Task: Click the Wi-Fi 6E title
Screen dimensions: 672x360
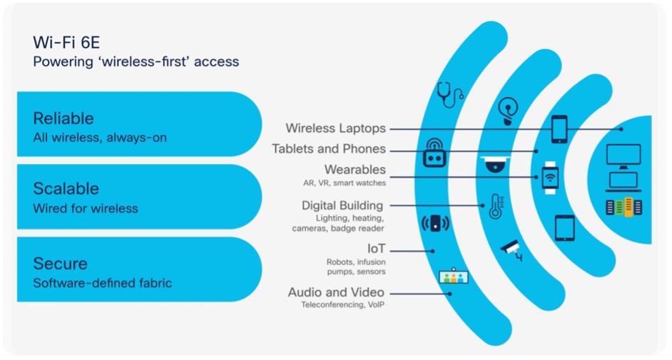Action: pyautogui.click(x=66, y=42)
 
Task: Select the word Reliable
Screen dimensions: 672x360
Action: pyautogui.click(x=63, y=118)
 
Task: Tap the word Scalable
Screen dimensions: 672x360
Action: pyautogui.click(x=66, y=188)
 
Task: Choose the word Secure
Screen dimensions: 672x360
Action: pyautogui.click(x=61, y=263)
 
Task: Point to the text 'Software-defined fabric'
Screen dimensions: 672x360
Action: pyautogui.click(x=103, y=283)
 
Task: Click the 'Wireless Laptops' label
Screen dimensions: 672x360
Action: pyautogui.click(x=335, y=128)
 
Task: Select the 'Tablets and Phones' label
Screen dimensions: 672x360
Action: pyautogui.click(x=329, y=148)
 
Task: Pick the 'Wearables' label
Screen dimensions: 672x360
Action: pyautogui.click(x=355, y=170)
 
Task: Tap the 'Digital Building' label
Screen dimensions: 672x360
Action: pyautogui.click(x=342, y=205)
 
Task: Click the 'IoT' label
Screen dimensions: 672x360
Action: pyautogui.click(x=376, y=249)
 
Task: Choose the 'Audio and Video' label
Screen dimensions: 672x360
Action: pyautogui.click(x=336, y=292)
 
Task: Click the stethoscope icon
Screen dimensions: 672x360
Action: pyautogui.click(x=450, y=95)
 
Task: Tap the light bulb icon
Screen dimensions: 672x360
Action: pyautogui.click(x=508, y=110)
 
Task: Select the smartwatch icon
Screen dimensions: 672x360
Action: pyautogui.click(x=550, y=178)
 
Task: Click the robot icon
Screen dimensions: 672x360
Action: pyautogui.click(x=434, y=153)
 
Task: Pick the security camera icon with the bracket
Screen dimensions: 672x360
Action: pyautogui.click(x=512, y=251)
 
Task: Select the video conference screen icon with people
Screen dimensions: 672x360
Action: pyautogui.click(x=454, y=277)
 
